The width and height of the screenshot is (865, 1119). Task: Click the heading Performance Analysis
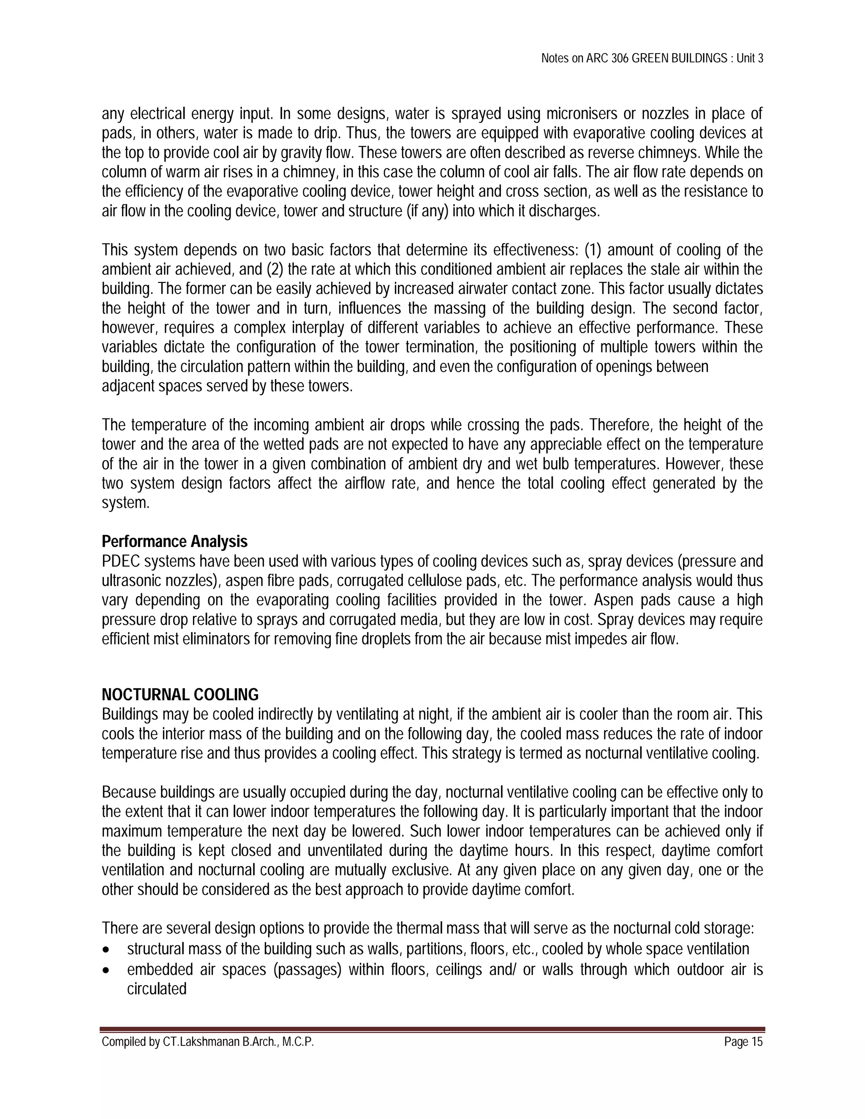174,542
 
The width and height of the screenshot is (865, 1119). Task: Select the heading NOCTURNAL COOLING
180,695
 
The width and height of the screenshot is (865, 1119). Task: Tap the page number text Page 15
743,1042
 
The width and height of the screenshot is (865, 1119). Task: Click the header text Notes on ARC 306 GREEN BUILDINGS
634,58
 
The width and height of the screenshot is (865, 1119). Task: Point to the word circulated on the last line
156,989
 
